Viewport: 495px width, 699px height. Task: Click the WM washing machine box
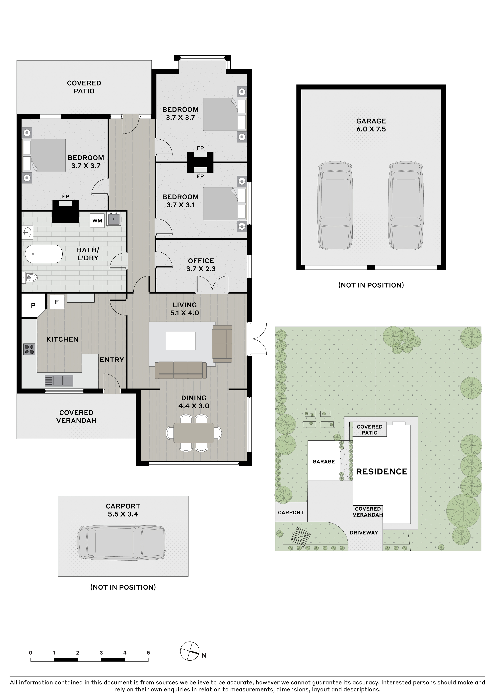click(97, 220)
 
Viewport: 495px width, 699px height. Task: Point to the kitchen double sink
click(59, 380)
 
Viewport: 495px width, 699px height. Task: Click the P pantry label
click(33, 305)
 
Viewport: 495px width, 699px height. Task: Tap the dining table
click(194, 433)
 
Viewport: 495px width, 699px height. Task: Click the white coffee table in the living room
click(180, 341)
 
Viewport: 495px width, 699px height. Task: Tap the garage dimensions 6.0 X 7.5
click(371, 129)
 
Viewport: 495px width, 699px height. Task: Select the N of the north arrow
click(204, 655)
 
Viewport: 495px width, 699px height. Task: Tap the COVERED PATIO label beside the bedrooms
click(84, 87)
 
